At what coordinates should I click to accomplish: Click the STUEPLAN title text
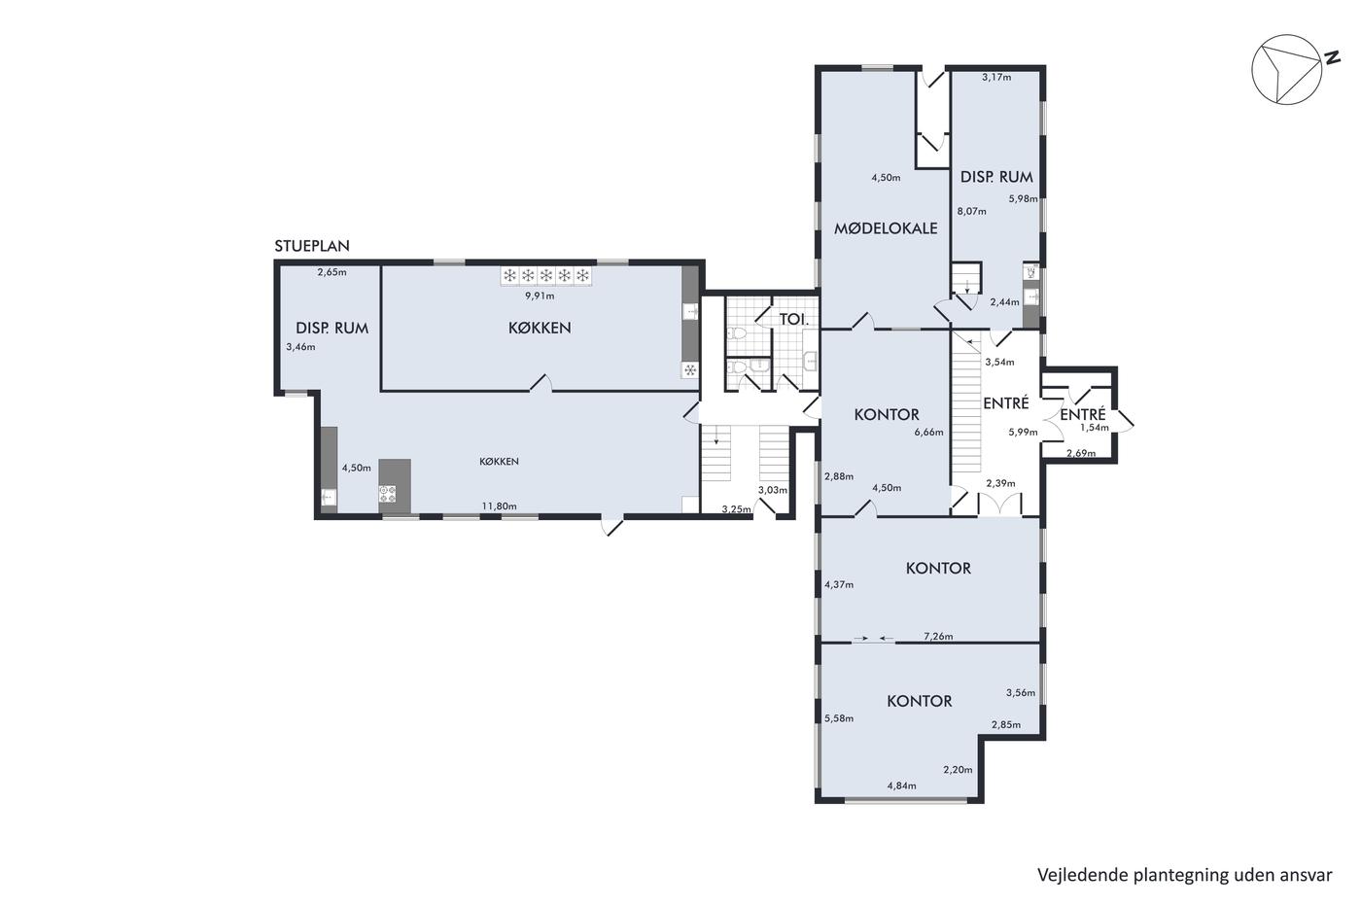coord(312,246)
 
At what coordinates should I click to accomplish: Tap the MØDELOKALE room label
coord(886,228)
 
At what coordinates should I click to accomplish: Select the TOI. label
coord(794,319)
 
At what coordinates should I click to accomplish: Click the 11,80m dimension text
coord(500,506)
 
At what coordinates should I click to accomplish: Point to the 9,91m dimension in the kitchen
coord(541,297)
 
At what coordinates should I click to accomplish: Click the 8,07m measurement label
coord(971,211)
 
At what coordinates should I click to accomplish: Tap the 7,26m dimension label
coord(938,637)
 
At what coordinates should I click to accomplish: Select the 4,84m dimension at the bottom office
coord(902,785)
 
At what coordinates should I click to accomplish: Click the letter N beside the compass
coord(1333,57)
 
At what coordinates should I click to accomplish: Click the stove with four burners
coord(388,493)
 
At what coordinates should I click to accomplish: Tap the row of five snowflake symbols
coord(546,276)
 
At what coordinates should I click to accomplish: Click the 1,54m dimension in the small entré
coord(1095,428)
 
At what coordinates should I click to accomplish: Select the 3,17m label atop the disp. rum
coord(996,77)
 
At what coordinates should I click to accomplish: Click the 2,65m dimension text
coord(332,272)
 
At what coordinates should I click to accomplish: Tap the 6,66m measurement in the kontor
coord(929,433)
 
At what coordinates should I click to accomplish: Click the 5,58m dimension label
coord(838,718)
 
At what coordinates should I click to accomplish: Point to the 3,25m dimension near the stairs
coord(737,509)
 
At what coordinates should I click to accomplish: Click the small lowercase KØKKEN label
coord(499,462)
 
